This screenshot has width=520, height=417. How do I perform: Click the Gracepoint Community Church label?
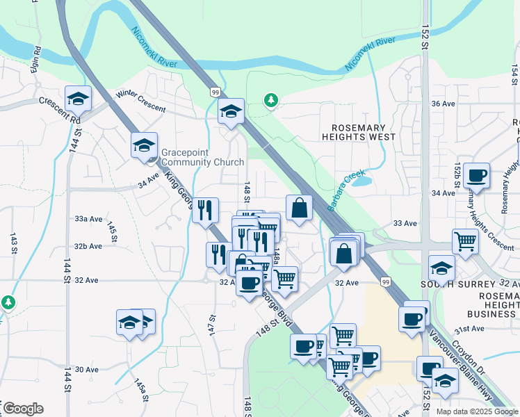coord(202,157)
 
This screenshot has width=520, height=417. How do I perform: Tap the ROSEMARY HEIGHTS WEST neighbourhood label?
coord(358,132)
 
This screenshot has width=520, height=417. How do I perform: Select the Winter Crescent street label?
coord(141,101)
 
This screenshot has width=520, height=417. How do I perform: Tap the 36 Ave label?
coord(443,104)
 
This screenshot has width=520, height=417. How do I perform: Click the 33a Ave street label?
coord(88,218)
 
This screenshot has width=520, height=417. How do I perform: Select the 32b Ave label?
coord(88,246)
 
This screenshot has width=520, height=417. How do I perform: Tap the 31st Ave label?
coord(469,329)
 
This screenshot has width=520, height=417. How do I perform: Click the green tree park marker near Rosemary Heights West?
coord(270,101)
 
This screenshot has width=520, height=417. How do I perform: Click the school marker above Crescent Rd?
coord(78,99)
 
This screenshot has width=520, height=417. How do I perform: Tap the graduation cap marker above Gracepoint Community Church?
coord(144,145)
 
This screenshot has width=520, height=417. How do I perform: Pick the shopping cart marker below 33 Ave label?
coord(464,242)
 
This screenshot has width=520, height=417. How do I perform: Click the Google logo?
coord(23,409)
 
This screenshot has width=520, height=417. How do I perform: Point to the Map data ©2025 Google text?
coord(476,411)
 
